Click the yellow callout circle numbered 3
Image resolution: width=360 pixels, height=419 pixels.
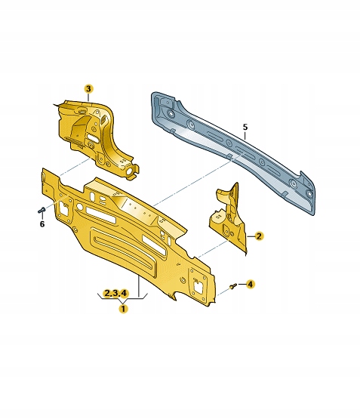(88, 89)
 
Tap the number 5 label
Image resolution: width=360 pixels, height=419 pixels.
(245, 127)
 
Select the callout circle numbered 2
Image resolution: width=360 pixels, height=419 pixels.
(259, 236)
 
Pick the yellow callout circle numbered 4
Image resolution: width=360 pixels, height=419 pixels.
(251, 284)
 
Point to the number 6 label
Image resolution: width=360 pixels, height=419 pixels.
(42, 223)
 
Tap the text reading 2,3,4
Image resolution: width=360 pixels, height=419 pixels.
(116, 293)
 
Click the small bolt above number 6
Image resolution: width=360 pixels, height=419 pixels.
(42, 210)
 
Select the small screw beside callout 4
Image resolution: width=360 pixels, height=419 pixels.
(233, 285)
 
